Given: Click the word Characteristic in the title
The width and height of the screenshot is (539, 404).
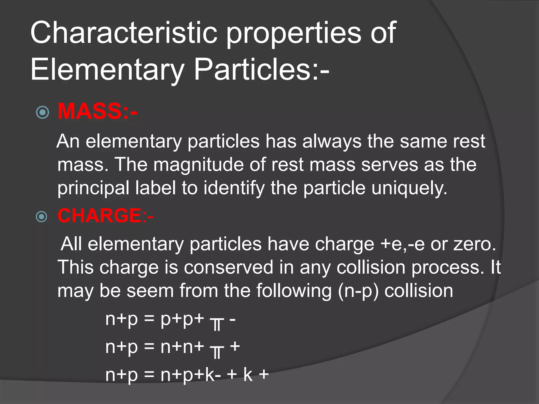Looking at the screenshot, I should click(x=124, y=33).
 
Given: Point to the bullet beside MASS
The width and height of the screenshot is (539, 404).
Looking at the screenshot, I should click(x=42, y=113).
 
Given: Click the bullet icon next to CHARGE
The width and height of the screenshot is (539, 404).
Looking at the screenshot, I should click(x=42, y=217).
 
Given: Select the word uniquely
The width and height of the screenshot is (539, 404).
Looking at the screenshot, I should click(x=409, y=188).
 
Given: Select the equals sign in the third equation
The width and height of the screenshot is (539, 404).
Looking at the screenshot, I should click(x=149, y=375).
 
